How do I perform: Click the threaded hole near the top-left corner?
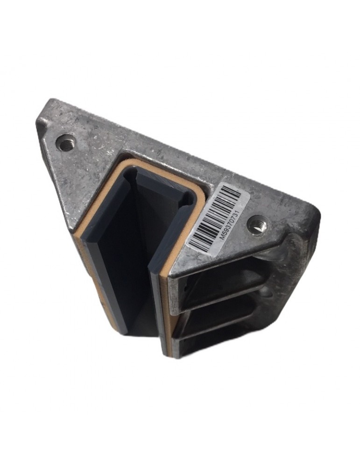[65, 142]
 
